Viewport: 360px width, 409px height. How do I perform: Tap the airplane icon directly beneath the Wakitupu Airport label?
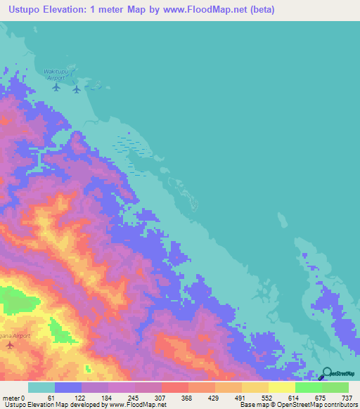pos(58,89)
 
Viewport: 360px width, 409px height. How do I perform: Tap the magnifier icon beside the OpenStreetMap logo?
pos(326,374)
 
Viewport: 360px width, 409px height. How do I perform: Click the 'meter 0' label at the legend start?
pos(13,397)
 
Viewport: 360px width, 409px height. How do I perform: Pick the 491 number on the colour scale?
pos(240,397)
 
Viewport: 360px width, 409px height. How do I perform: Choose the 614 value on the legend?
pos(294,397)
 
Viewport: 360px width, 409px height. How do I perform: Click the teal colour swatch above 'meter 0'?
pos(41,387)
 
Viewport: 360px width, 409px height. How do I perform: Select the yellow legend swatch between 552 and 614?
pos(281,387)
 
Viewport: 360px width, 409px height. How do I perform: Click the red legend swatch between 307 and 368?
pos(174,387)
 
